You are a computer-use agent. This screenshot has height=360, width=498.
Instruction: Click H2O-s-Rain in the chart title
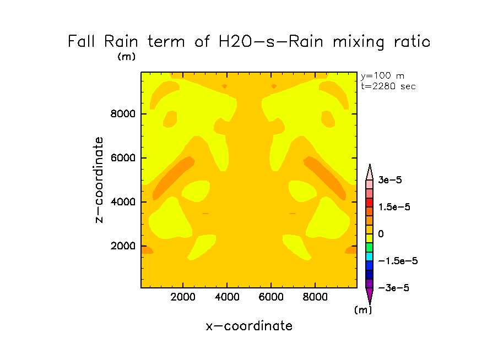tap(263, 42)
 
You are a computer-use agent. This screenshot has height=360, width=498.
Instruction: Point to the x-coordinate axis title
tap(249, 326)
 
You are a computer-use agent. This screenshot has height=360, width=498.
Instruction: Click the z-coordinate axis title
tap(99, 180)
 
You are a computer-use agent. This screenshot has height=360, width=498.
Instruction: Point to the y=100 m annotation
tap(382, 76)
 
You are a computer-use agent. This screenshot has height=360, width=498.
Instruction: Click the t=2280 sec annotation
tap(388, 86)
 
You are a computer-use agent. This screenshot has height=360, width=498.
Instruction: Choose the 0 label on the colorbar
tap(381, 234)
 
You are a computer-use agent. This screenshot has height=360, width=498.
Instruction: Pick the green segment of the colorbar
tap(370, 247)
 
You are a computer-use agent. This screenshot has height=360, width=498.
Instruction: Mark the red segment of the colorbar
tap(370, 202)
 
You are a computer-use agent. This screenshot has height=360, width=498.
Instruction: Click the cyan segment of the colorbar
tap(370, 257)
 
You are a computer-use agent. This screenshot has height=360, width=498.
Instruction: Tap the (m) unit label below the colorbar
tap(362, 310)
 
